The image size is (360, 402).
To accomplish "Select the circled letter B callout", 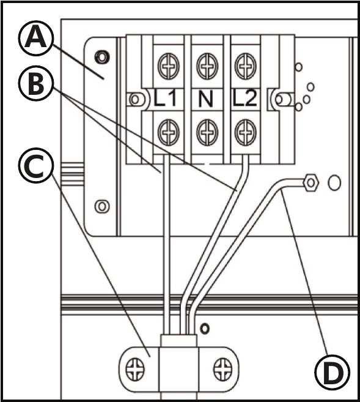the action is pyautogui.click(x=36, y=83).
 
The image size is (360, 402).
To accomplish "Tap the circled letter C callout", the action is pyautogui.click(x=36, y=165).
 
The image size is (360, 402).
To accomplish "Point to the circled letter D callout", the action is pyautogui.click(x=332, y=372).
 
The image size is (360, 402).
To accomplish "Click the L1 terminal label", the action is pyautogui.click(x=165, y=98).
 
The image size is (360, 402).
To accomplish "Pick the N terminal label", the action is pyautogui.click(x=205, y=99).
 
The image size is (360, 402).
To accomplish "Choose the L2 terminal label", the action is pyautogui.click(x=244, y=98).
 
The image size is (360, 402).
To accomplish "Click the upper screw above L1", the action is pyautogui.click(x=168, y=66).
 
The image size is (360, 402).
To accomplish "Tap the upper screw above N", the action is pyautogui.click(x=207, y=66).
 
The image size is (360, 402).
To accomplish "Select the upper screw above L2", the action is pyautogui.click(x=246, y=66).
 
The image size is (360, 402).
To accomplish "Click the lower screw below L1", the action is pyautogui.click(x=168, y=132).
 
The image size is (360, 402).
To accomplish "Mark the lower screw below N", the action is pyautogui.click(x=207, y=132).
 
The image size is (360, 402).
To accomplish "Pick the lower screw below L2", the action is pyautogui.click(x=246, y=132).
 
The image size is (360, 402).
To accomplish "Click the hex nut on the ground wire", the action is pyautogui.click(x=310, y=183).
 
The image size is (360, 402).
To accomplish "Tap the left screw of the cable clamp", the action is pyautogui.click(x=135, y=370).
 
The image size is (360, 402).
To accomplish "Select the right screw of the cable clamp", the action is pyautogui.click(x=222, y=370).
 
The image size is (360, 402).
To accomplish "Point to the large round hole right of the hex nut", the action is pyautogui.click(x=334, y=183).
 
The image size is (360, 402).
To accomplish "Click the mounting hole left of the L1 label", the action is pyautogui.click(x=135, y=99).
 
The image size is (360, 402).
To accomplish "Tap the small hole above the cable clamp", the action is pyautogui.click(x=205, y=329).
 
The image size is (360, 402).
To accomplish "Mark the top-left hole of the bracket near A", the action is pyautogui.click(x=102, y=56).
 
